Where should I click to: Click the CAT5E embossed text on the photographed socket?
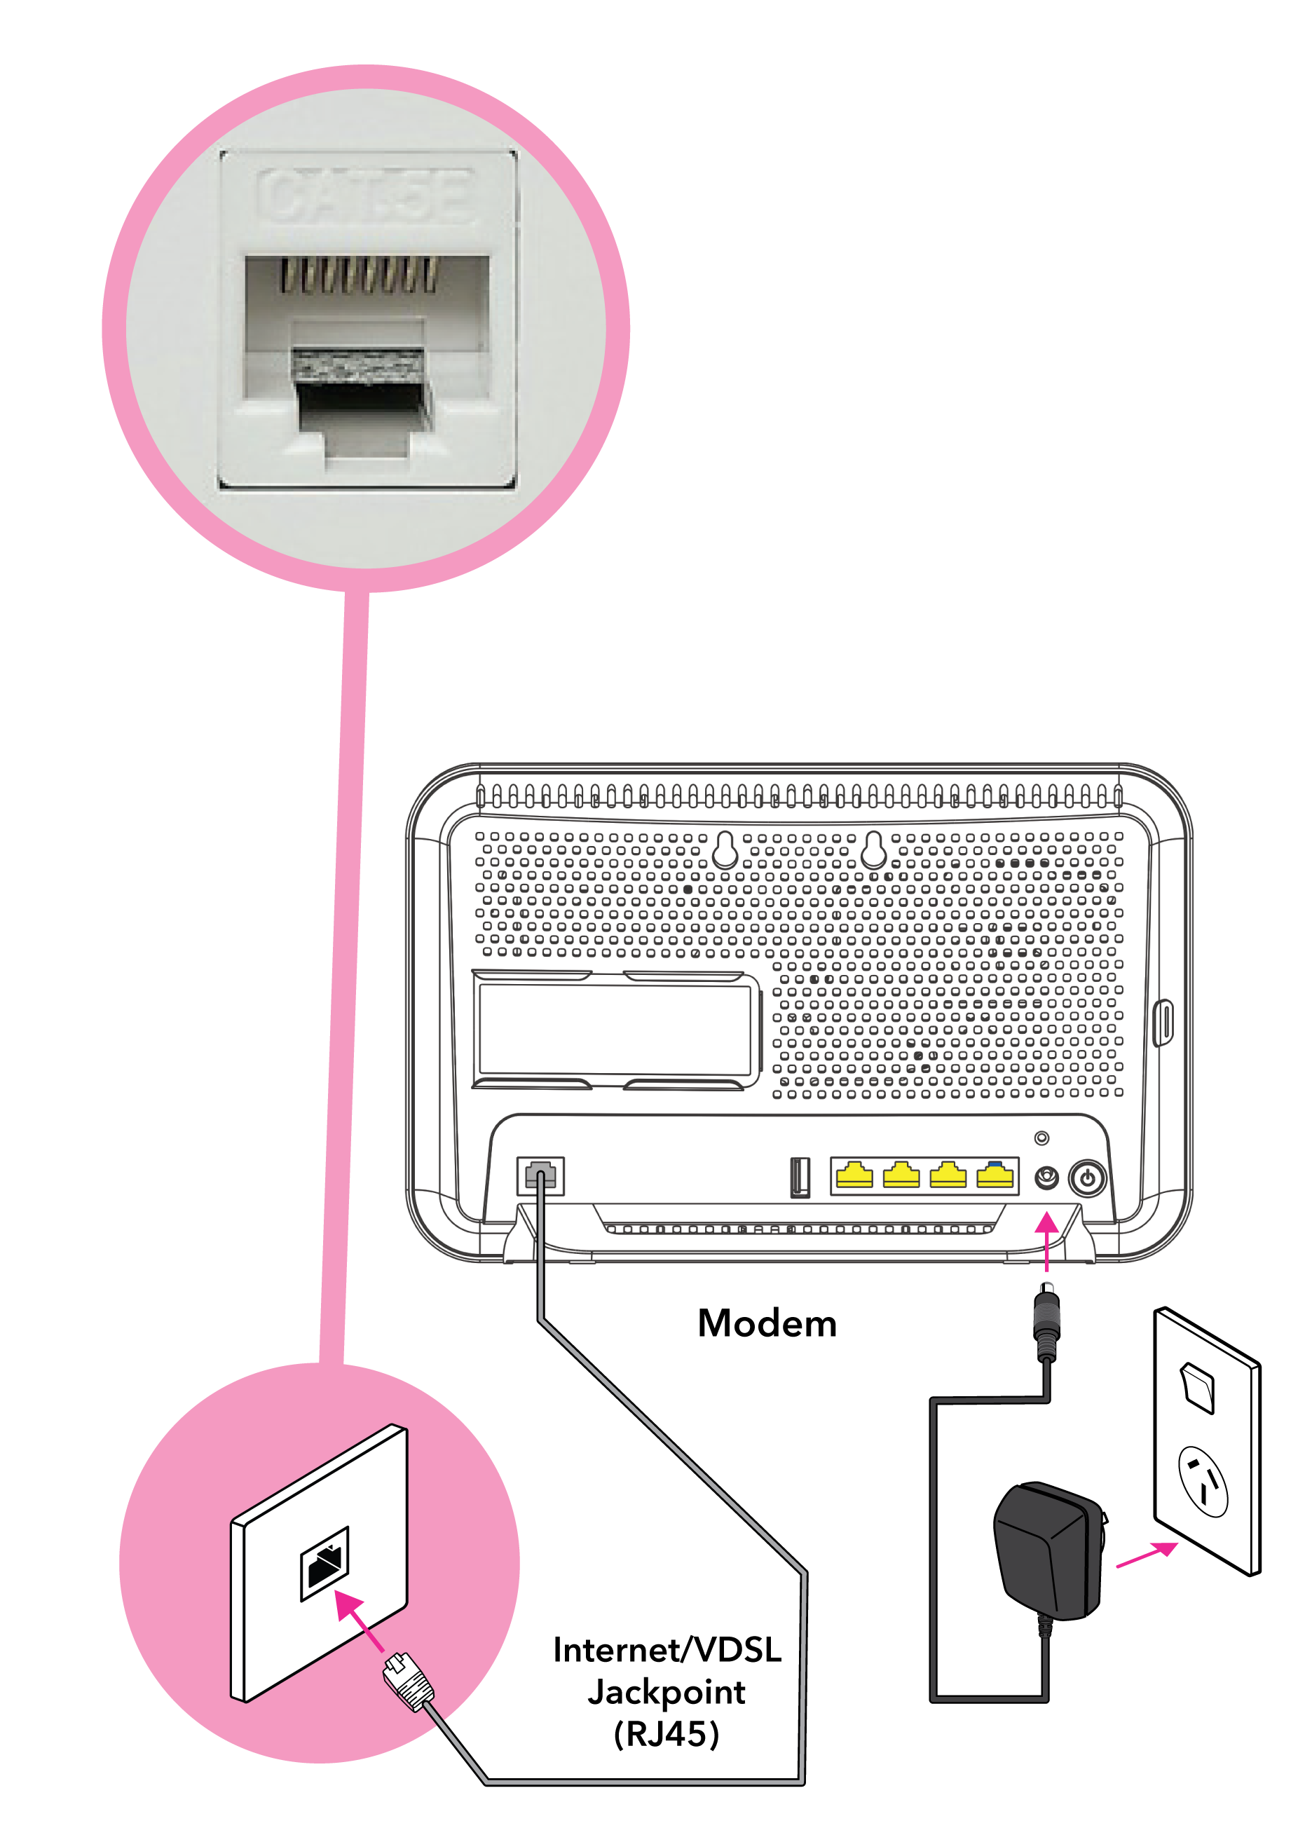(365, 196)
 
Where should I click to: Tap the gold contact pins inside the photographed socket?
(360, 275)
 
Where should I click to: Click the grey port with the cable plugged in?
(540, 1175)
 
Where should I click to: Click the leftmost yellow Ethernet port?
(854, 1175)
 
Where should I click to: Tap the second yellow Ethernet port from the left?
(901, 1175)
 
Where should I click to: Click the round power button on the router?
(1088, 1178)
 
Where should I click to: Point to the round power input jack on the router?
(1046, 1178)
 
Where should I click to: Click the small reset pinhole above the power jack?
(1042, 1138)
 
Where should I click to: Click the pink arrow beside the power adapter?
(1147, 1555)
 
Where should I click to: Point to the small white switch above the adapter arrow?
(1198, 1388)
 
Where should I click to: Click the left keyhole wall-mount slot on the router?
(725, 849)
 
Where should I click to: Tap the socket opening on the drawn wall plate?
(324, 1563)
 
